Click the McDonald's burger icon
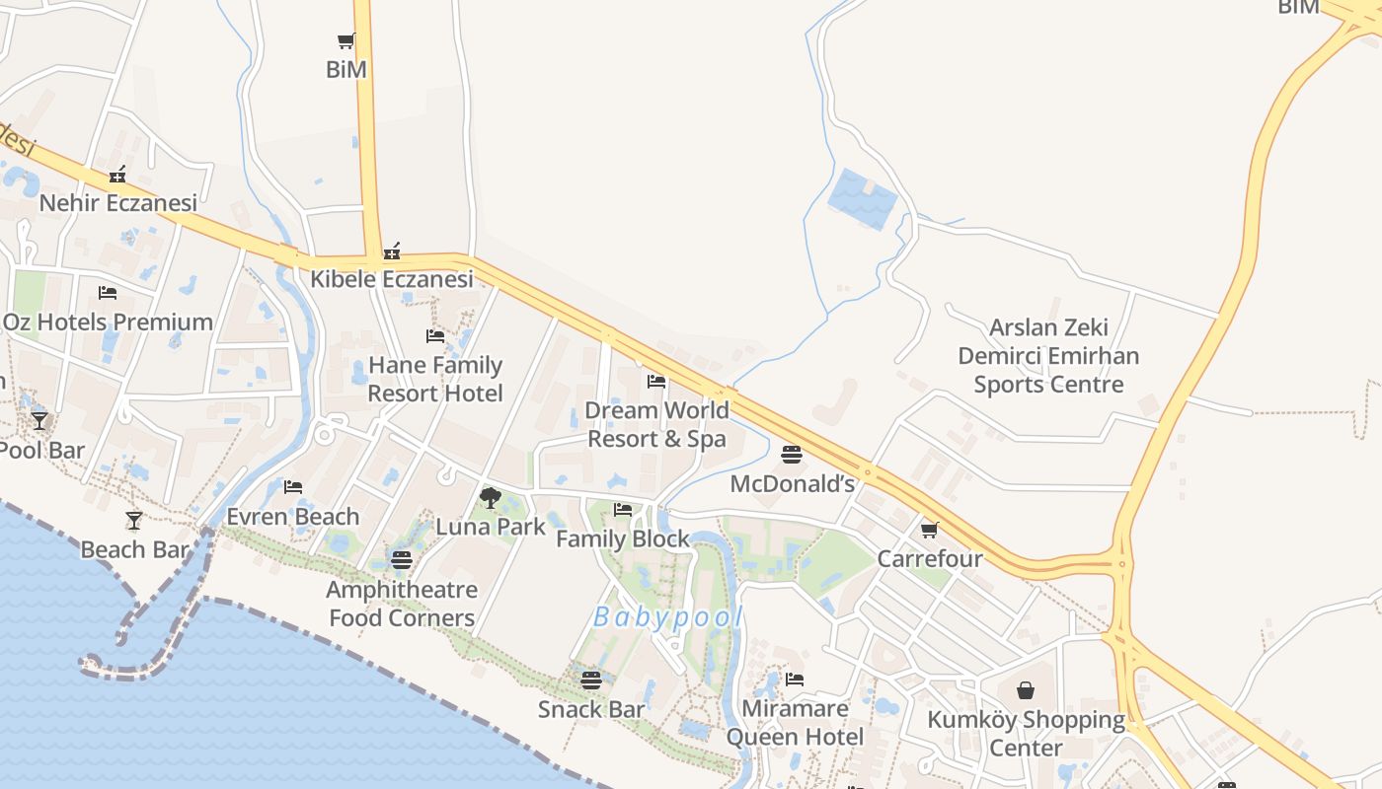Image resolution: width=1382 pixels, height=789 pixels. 791,455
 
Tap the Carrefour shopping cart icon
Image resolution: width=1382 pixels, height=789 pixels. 929,531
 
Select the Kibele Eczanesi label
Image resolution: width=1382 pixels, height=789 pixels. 392,279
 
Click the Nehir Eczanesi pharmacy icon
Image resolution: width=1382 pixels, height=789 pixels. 117,176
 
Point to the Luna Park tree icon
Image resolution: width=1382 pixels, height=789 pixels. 490,498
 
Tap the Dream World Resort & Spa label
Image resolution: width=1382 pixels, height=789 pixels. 656,424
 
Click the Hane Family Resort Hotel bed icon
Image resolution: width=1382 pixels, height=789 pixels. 434,336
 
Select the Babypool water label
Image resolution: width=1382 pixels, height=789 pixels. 667,617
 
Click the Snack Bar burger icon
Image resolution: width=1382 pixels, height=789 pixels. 590,680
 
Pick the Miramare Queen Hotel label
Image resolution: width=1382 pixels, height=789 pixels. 795,723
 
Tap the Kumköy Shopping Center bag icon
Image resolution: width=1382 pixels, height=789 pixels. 1026,690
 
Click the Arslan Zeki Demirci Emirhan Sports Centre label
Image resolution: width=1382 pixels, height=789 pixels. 1048,355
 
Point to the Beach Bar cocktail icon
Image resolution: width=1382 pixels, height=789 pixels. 134,520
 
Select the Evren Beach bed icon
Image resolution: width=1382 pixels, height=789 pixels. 293,487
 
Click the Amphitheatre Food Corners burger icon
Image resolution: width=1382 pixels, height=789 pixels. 401,560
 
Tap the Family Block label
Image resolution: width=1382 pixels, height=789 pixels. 623,539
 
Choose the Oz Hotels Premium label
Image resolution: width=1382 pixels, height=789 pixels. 108,323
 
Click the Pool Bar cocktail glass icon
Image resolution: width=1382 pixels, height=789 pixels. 39,421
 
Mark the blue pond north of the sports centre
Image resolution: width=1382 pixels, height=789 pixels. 863,198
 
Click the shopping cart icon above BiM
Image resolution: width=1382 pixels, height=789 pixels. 345,41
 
